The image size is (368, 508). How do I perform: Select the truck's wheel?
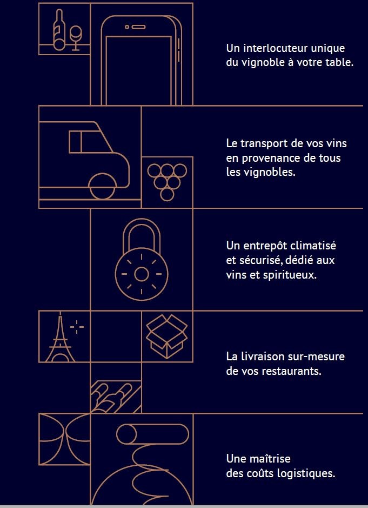coord(102,187)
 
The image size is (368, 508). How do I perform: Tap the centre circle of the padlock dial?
coord(142,274)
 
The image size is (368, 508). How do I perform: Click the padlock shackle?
coord(142,234)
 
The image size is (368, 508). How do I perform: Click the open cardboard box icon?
coord(166,337)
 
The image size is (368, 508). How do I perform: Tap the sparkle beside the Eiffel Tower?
coord(77,327)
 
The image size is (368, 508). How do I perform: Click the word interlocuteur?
coord(276,48)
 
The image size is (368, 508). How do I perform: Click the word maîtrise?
coord(270,459)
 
